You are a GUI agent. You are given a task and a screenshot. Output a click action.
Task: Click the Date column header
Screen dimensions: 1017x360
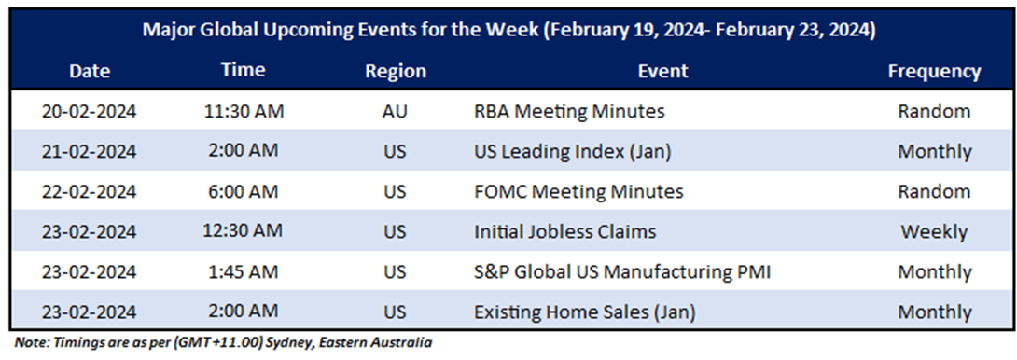[90, 72]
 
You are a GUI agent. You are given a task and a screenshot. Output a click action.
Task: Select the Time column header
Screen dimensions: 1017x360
[244, 71]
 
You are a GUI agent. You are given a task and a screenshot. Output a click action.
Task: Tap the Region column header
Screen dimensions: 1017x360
[396, 72]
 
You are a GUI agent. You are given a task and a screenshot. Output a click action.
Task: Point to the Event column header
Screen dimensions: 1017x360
[662, 72]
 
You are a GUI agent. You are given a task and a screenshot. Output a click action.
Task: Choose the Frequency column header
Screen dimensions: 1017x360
[934, 72]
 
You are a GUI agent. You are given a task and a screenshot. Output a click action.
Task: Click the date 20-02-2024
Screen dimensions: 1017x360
[90, 112]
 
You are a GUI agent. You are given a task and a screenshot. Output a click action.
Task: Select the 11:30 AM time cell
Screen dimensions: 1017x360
[244, 112]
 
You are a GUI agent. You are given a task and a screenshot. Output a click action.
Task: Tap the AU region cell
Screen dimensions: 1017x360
[395, 112]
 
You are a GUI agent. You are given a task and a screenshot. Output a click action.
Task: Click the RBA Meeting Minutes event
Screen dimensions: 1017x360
[569, 112]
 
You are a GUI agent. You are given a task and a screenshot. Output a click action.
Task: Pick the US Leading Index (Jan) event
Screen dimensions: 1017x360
[572, 152]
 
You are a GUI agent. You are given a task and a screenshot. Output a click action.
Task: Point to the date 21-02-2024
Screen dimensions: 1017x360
[90, 152]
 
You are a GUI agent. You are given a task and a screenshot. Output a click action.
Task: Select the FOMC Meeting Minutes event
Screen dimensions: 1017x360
[578, 192]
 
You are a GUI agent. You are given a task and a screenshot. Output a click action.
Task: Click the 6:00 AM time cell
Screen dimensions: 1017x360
[244, 192]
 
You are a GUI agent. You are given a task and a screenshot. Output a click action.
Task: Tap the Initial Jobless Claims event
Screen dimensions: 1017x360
[564, 232]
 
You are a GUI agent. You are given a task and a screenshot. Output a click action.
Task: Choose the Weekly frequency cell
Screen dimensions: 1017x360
[934, 232]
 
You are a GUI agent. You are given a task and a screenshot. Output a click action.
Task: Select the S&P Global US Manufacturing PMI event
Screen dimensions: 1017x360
[622, 272]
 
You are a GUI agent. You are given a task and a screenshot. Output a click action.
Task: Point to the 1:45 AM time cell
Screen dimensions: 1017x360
[244, 272]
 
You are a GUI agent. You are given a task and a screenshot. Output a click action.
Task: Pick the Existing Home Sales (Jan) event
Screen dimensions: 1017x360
[585, 312]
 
